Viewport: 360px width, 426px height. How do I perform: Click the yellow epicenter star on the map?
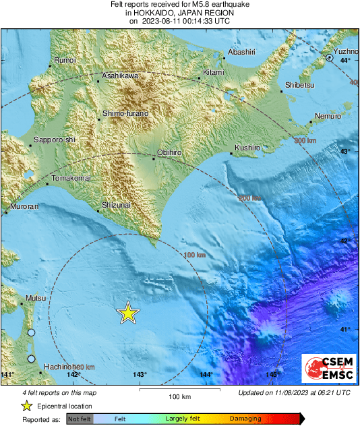coord(127,313)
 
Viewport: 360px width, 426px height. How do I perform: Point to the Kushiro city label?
coord(247,147)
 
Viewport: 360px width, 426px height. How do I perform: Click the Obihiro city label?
coord(169,153)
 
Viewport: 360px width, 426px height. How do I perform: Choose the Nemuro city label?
coord(328,116)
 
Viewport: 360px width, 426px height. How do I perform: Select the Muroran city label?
coord(23,207)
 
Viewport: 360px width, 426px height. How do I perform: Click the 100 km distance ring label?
coord(194,255)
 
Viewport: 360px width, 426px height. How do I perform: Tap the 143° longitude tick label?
coord(140,375)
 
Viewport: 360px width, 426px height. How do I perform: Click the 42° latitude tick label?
coord(344,241)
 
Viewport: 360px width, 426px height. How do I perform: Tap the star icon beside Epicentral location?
coord(26,406)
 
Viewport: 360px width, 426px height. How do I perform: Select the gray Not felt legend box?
coord(78,419)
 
